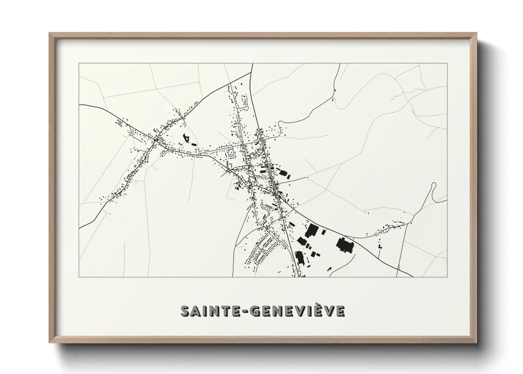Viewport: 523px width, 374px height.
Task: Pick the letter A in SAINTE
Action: click(x=196, y=311)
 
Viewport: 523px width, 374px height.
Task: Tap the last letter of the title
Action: click(x=339, y=311)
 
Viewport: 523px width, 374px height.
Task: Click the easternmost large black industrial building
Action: click(x=345, y=245)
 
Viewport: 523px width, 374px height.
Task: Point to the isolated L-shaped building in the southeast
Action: click(x=380, y=246)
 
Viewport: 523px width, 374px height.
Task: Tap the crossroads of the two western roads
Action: click(x=156, y=140)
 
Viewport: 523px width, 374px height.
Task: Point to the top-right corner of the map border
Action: click(x=447, y=64)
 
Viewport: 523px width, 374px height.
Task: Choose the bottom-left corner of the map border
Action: click(x=79, y=276)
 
